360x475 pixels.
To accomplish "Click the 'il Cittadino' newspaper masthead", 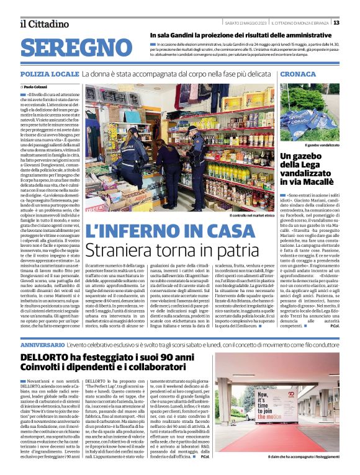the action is tap(45, 24).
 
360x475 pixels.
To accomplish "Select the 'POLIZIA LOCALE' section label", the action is tap(49, 74).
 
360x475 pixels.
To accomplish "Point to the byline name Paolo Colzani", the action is tap(40, 87).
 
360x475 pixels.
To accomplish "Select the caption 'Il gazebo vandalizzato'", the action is tap(322, 144).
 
